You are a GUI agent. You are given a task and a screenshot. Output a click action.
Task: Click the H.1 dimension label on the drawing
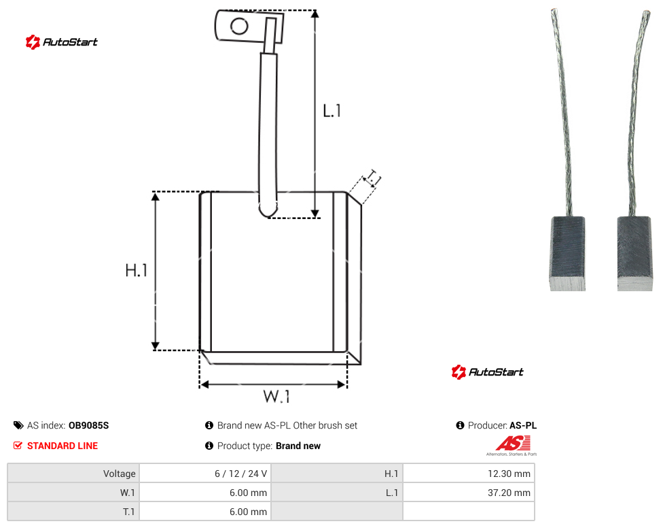click(x=136, y=270)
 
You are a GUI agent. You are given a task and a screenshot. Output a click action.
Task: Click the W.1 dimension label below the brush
click(x=276, y=397)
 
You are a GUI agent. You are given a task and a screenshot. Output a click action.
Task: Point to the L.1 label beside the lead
click(x=332, y=111)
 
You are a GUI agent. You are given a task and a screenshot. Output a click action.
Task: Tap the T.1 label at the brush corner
click(x=374, y=178)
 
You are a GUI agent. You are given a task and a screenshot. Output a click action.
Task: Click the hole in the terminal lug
click(x=239, y=27)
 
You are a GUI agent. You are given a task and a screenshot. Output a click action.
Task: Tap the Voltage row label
click(x=120, y=474)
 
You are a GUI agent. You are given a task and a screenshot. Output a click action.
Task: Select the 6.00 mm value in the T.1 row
click(x=248, y=512)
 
